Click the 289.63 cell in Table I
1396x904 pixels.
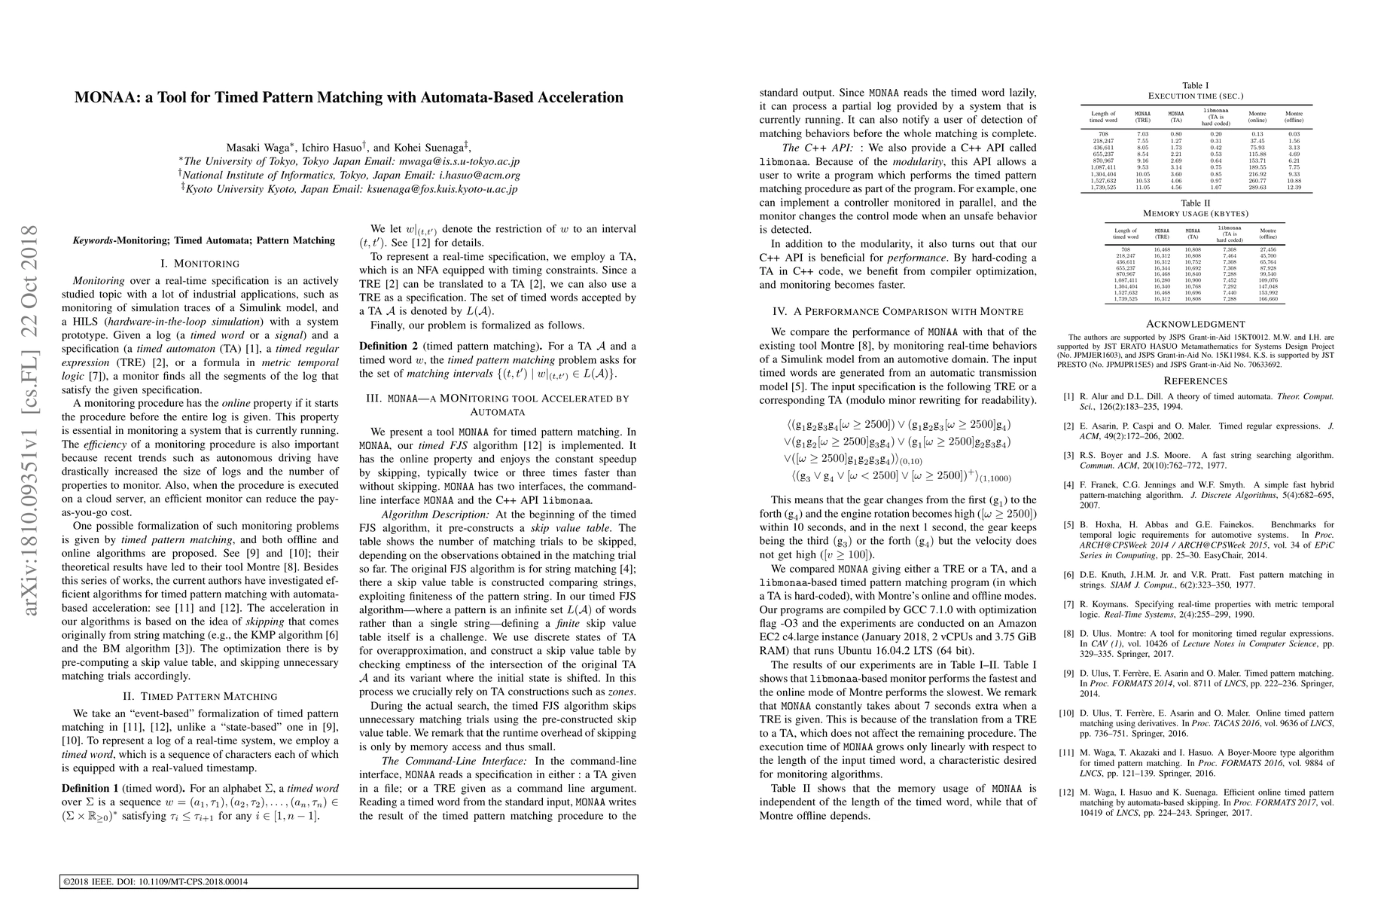tap(1258, 188)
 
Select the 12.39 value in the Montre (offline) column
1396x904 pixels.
tap(1294, 188)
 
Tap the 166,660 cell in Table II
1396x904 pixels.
tap(1268, 299)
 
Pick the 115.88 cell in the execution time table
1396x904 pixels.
tap(1258, 154)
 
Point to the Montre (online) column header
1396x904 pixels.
tap(1257, 117)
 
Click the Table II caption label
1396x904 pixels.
tap(1196, 203)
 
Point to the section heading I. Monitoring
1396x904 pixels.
tap(200, 264)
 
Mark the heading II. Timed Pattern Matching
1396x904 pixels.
tap(200, 696)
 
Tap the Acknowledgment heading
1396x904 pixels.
tap(1196, 324)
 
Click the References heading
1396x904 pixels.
tap(1196, 381)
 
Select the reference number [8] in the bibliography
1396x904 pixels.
tap(1068, 634)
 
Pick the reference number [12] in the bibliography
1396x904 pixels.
tap(1068, 793)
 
